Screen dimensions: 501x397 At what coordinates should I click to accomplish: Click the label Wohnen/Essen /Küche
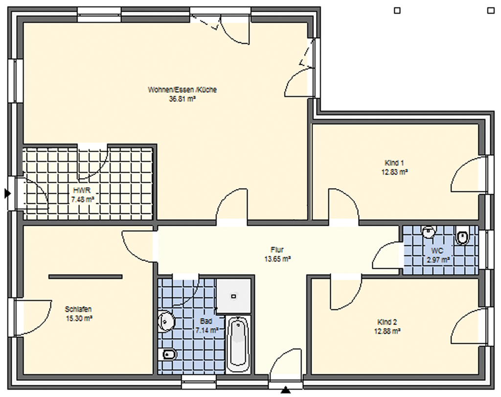pyautogui.click(x=182, y=90)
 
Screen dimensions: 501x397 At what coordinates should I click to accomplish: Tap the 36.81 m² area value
pyautogui.click(x=182, y=99)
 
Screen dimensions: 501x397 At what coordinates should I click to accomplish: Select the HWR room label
pyautogui.click(x=82, y=190)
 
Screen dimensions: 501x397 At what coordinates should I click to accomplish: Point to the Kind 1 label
pyautogui.click(x=395, y=163)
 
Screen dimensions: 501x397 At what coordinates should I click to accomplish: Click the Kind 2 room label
pyautogui.click(x=387, y=322)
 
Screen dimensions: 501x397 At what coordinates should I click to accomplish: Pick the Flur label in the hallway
pyautogui.click(x=277, y=250)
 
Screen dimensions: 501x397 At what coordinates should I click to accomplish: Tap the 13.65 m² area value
pyautogui.click(x=277, y=259)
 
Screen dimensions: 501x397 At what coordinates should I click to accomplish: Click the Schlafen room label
pyautogui.click(x=78, y=309)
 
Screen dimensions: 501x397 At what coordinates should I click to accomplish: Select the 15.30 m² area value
pyautogui.click(x=79, y=318)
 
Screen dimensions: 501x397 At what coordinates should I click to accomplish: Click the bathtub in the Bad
pyautogui.click(x=238, y=344)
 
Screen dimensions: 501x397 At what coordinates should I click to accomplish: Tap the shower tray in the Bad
pyautogui.click(x=233, y=296)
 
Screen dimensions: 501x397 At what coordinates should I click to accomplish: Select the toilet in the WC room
pyautogui.click(x=462, y=237)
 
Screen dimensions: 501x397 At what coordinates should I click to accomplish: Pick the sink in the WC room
pyautogui.click(x=429, y=232)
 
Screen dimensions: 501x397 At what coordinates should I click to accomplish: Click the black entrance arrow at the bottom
pyautogui.click(x=286, y=390)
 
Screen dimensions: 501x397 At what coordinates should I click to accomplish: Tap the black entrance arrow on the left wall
pyautogui.click(x=7, y=193)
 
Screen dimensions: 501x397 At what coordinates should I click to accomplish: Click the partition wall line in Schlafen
pyautogui.click(x=85, y=277)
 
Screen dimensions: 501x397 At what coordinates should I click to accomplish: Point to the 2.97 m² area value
pyautogui.click(x=438, y=260)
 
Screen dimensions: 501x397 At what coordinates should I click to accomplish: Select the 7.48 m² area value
pyautogui.click(x=82, y=200)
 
